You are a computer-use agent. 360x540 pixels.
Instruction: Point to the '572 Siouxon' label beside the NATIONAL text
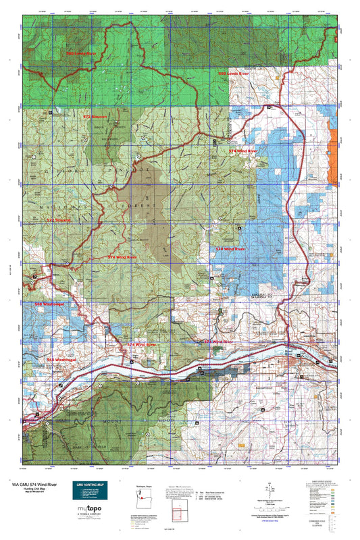(x=59, y=219)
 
